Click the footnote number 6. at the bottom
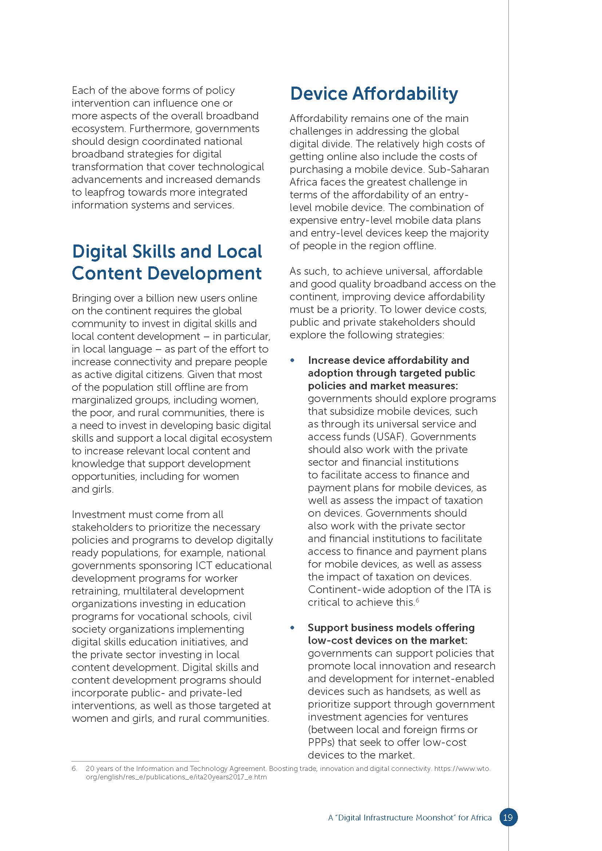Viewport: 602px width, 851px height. (75, 769)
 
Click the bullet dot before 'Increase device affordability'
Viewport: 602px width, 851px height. (293, 361)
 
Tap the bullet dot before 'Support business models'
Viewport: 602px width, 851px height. (293, 628)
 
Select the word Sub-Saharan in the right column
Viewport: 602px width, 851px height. (459, 170)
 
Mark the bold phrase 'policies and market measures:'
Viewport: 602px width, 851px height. (383, 386)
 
